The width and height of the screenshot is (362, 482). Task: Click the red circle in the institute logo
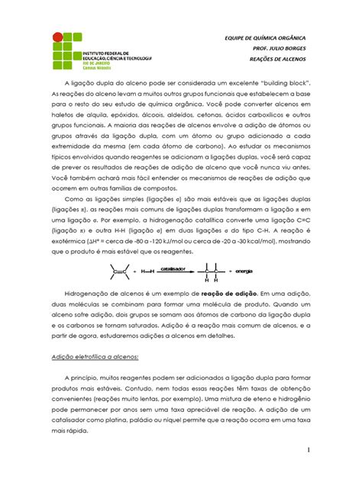click(57, 37)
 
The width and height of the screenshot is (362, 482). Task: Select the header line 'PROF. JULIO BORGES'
click(283, 49)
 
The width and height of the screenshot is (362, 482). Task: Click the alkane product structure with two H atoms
click(211, 273)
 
